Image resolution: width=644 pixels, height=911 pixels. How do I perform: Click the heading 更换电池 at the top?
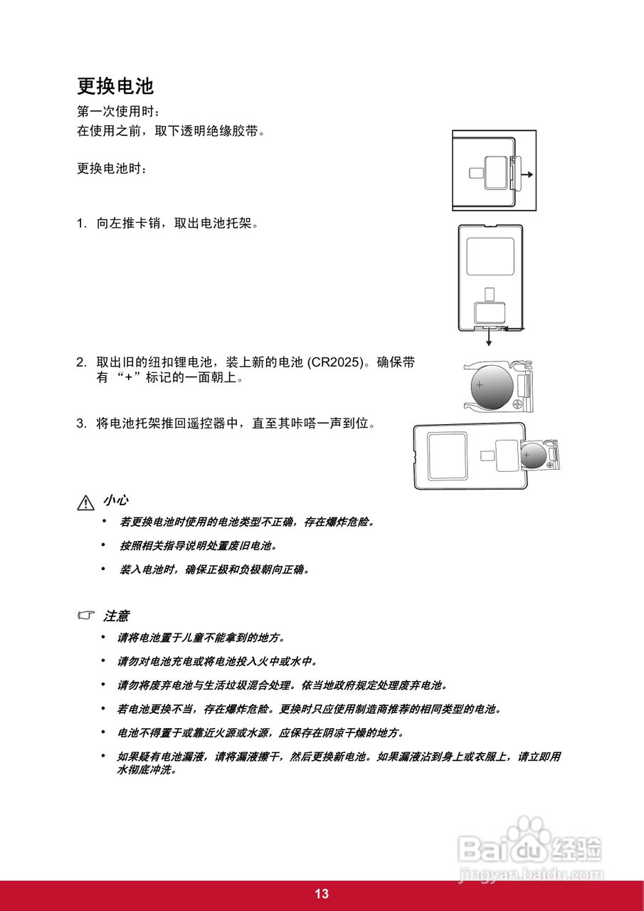coord(115,87)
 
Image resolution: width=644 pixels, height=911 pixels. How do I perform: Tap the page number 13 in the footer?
coord(322,895)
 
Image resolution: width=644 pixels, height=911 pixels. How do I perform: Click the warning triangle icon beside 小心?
coord(85,502)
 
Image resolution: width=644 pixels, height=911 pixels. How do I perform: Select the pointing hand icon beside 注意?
coord(86,615)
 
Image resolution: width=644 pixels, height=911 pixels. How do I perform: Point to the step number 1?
coord(81,223)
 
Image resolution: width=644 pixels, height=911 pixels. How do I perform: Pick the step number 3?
coord(81,423)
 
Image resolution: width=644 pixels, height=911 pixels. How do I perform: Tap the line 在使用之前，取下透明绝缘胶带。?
coord(171,131)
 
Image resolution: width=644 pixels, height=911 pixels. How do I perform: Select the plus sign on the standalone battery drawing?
coord(480,385)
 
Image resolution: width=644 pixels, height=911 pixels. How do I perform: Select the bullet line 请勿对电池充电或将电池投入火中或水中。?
coord(217,661)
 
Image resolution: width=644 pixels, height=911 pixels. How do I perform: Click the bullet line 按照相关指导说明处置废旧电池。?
coord(198,546)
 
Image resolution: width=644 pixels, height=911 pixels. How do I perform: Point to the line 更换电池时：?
coord(112,169)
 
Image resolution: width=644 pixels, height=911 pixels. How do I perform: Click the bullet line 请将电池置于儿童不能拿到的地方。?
coord(201,638)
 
